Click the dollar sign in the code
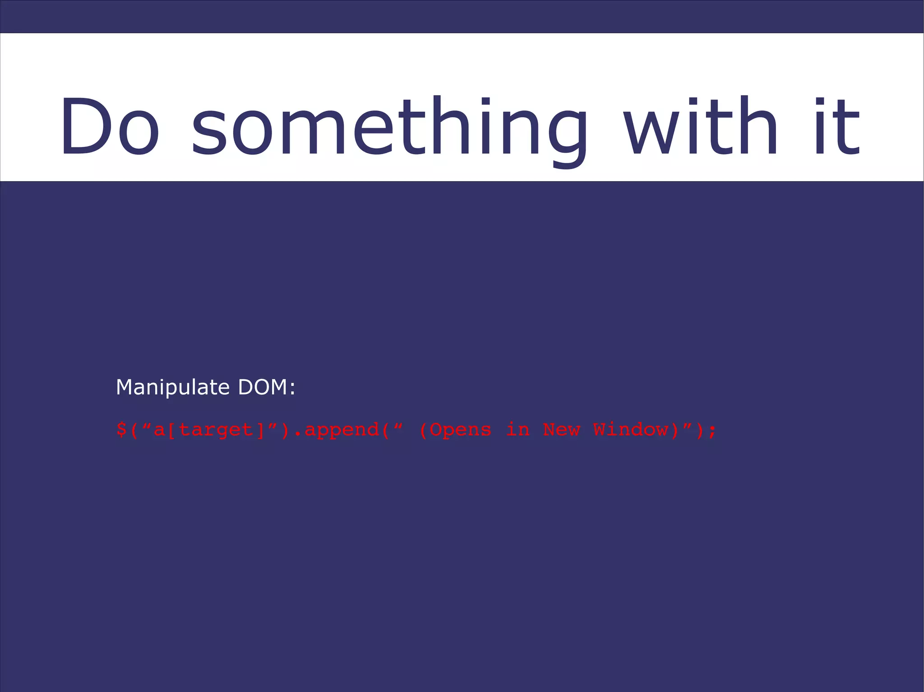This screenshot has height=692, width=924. tap(121, 429)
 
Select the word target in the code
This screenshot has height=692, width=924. tap(217, 430)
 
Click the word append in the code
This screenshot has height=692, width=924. tap(342, 430)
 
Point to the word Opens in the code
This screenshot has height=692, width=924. tap(460, 430)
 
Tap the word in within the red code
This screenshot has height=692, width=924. tap(517, 429)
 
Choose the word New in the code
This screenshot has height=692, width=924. tap(561, 429)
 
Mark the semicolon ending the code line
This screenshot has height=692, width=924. tap(712, 431)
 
